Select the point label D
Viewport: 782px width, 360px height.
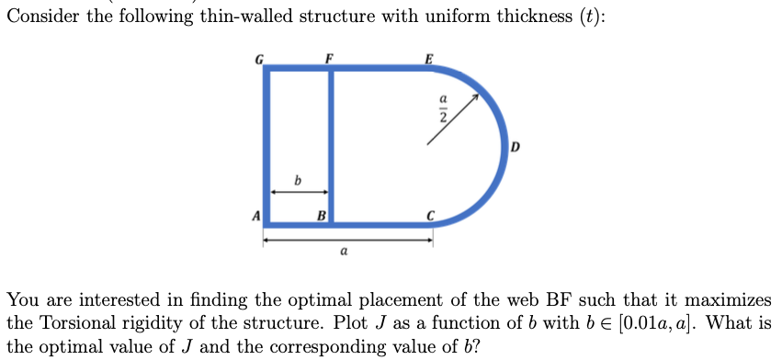tap(515, 146)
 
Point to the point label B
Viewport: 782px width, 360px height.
tap(321, 217)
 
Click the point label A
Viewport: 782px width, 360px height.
tap(256, 217)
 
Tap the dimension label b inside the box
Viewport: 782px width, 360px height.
tap(296, 179)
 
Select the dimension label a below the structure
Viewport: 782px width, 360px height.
tap(344, 251)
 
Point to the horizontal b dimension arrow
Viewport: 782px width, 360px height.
tap(298, 192)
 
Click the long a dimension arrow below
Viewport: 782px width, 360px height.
tap(349, 241)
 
